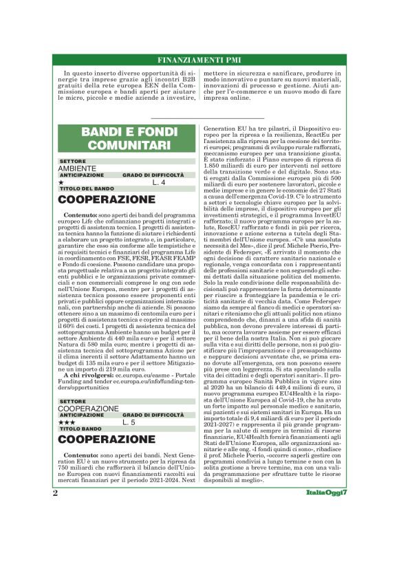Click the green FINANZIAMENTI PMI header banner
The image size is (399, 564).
tap(199, 59)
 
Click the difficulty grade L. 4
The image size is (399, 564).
tap(159, 183)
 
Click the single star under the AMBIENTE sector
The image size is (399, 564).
tap(61, 183)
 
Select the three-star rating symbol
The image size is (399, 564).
tap(67, 422)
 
